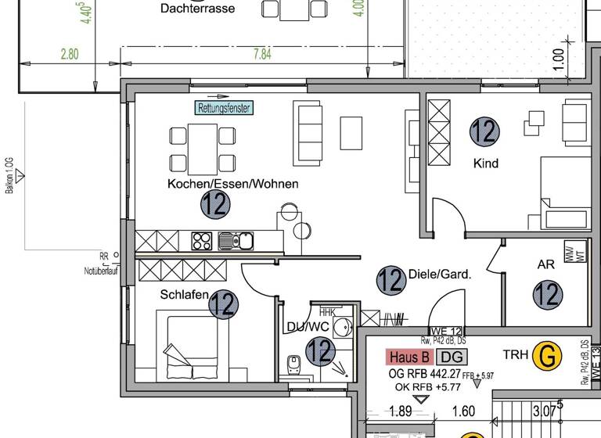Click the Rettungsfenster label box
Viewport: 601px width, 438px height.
pos(225,108)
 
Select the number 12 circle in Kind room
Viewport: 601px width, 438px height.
pos(484,131)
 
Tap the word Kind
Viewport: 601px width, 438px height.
pos(486,163)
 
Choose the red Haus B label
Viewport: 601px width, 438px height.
pos(407,357)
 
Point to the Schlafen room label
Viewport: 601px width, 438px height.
pos(184,295)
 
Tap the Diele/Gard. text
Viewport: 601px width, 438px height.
pos(439,275)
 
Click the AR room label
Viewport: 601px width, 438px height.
pos(545,264)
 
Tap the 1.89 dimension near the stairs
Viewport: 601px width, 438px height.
pos(400,411)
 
